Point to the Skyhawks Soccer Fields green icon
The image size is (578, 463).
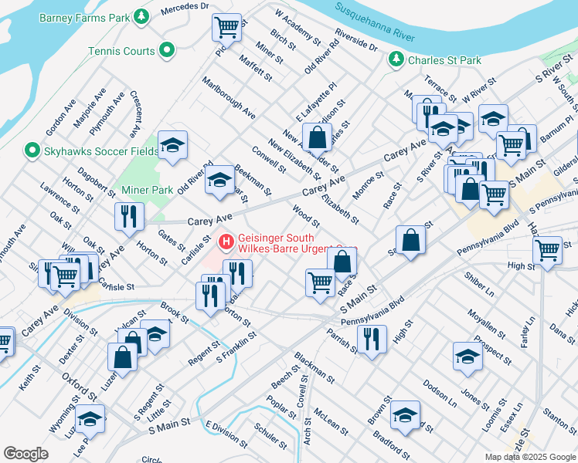32,149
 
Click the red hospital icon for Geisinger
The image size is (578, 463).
226,242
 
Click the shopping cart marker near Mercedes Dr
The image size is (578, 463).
227,29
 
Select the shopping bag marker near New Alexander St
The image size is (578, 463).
316,139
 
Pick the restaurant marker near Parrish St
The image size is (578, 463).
372,339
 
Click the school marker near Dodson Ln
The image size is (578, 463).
467,356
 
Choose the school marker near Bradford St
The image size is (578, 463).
405,415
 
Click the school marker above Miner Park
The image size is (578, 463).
173,144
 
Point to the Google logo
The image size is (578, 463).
26,454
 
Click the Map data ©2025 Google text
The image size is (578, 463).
530,457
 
